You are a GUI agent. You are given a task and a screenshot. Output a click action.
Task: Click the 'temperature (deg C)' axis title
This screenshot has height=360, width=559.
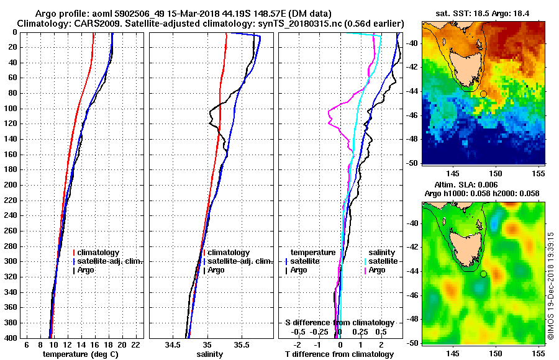[80, 354]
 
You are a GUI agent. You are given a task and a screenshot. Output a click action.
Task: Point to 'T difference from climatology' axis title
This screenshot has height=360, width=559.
[339, 354]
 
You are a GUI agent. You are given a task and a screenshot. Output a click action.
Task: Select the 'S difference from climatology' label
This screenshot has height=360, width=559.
[339, 323]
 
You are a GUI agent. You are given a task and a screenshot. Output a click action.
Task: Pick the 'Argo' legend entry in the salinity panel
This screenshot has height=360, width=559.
[216, 270]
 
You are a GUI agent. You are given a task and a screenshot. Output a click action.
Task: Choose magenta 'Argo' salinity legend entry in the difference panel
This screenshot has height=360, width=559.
[377, 270]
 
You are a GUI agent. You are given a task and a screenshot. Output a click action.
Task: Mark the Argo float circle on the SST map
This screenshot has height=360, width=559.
[483, 94]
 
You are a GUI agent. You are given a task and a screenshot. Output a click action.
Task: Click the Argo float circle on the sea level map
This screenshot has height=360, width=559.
[483, 273]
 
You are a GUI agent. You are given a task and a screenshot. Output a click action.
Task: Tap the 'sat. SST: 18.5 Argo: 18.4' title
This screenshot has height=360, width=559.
[484, 12]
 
